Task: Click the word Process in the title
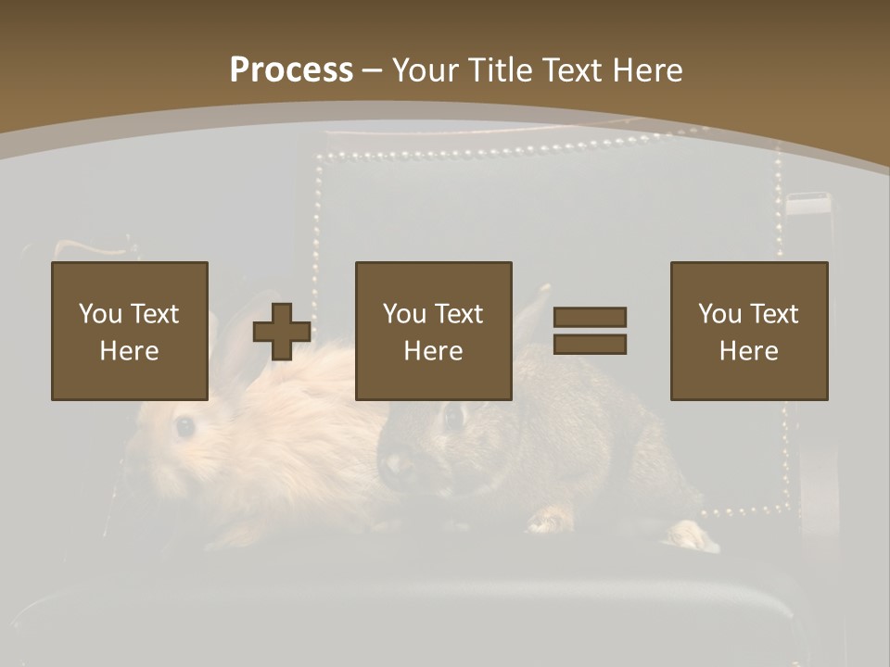(291, 69)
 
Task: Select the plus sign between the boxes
(282, 332)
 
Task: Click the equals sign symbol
(590, 331)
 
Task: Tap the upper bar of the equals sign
(590, 318)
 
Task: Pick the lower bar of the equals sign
(590, 345)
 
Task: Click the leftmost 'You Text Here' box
(129, 331)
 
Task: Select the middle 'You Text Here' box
(433, 331)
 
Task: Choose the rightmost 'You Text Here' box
(748, 331)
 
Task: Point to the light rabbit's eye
(185, 426)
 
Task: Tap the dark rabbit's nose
(399, 460)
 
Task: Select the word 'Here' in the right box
(748, 351)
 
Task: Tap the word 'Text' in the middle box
(459, 314)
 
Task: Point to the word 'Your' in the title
(424, 69)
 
